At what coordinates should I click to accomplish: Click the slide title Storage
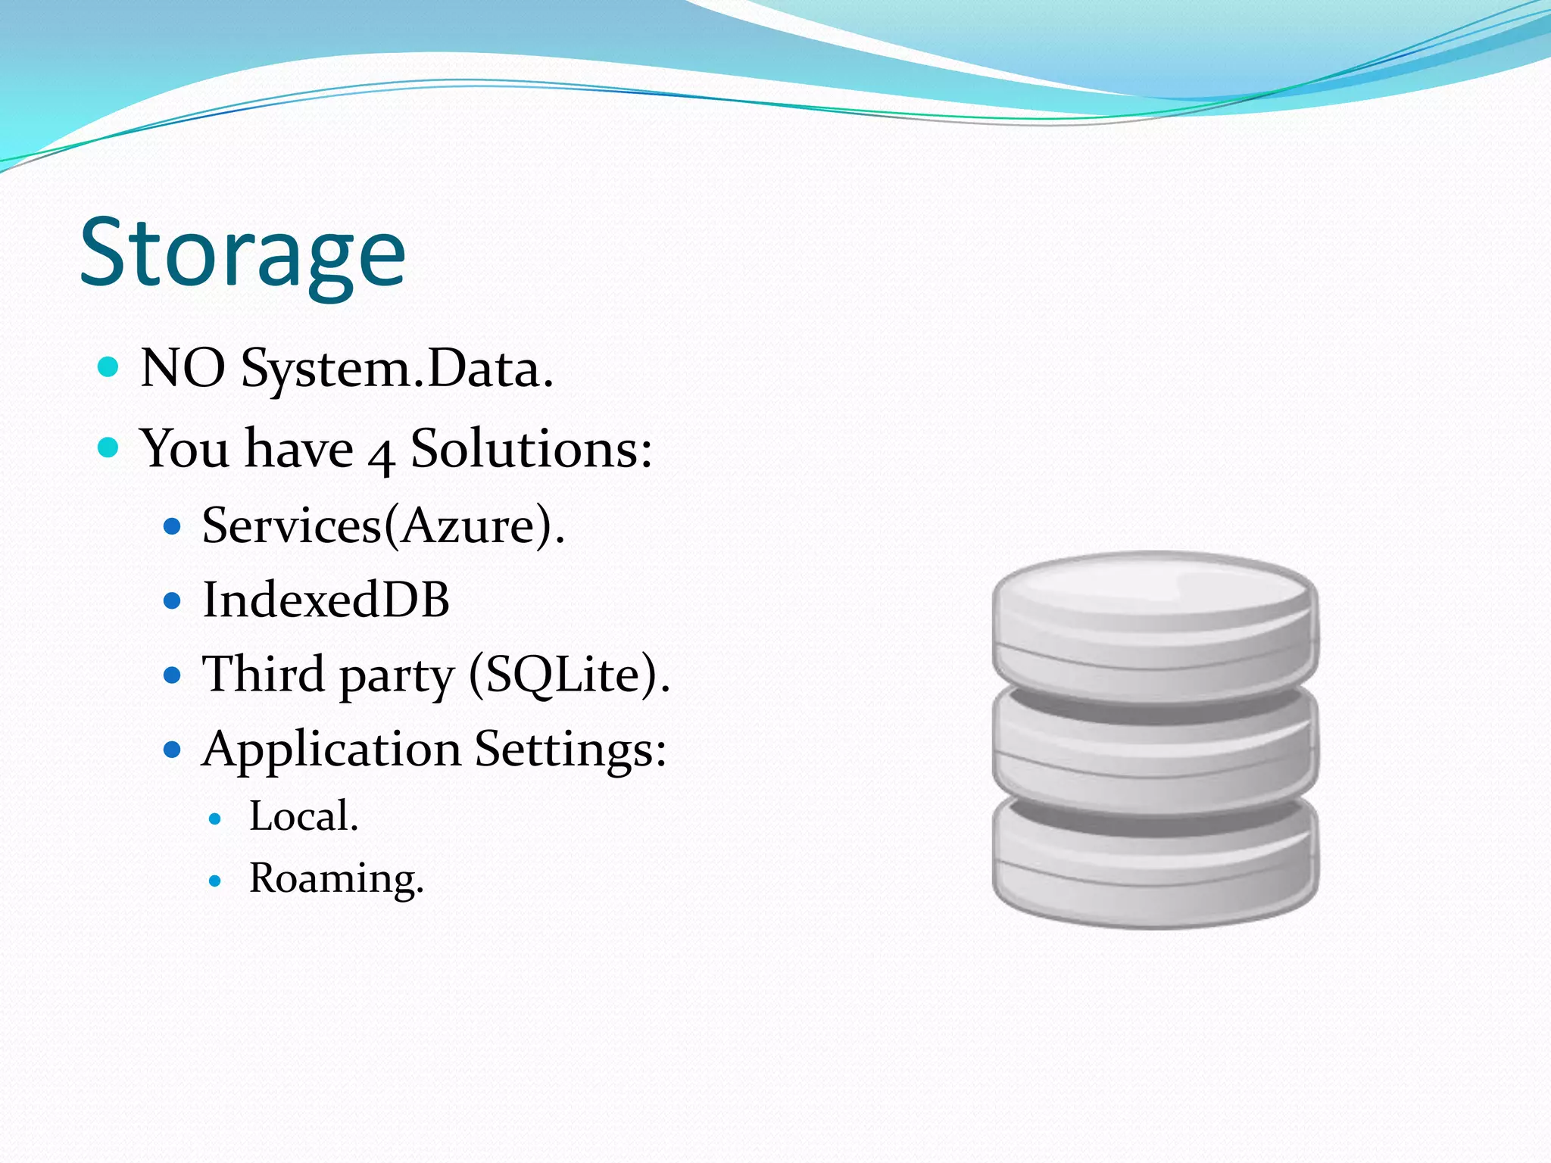pyautogui.click(x=242, y=254)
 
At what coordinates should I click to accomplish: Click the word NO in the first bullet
pyautogui.click(x=183, y=369)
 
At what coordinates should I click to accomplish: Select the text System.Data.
pyautogui.click(x=397, y=370)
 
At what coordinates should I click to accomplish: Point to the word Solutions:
pyautogui.click(x=531, y=449)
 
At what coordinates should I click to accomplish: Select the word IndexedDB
pyautogui.click(x=326, y=600)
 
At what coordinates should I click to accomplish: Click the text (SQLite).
pyautogui.click(x=570, y=675)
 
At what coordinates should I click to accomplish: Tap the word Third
pyautogui.click(x=264, y=674)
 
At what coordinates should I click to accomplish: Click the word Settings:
pyautogui.click(x=570, y=750)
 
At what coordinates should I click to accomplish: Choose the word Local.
pyautogui.click(x=304, y=817)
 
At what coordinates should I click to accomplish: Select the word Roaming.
pyautogui.click(x=336, y=879)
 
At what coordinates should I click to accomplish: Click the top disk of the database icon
pyautogui.click(x=1155, y=617)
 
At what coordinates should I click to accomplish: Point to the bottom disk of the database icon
pyautogui.click(x=1155, y=871)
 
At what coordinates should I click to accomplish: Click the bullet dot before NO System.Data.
pyautogui.click(x=109, y=368)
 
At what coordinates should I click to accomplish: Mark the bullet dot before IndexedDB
pyautogui.click(x=173, y=601)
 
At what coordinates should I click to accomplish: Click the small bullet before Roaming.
pyautogui.click(x=216, y=881)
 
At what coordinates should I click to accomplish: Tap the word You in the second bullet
pyautogui.click(x=184, y=449)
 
